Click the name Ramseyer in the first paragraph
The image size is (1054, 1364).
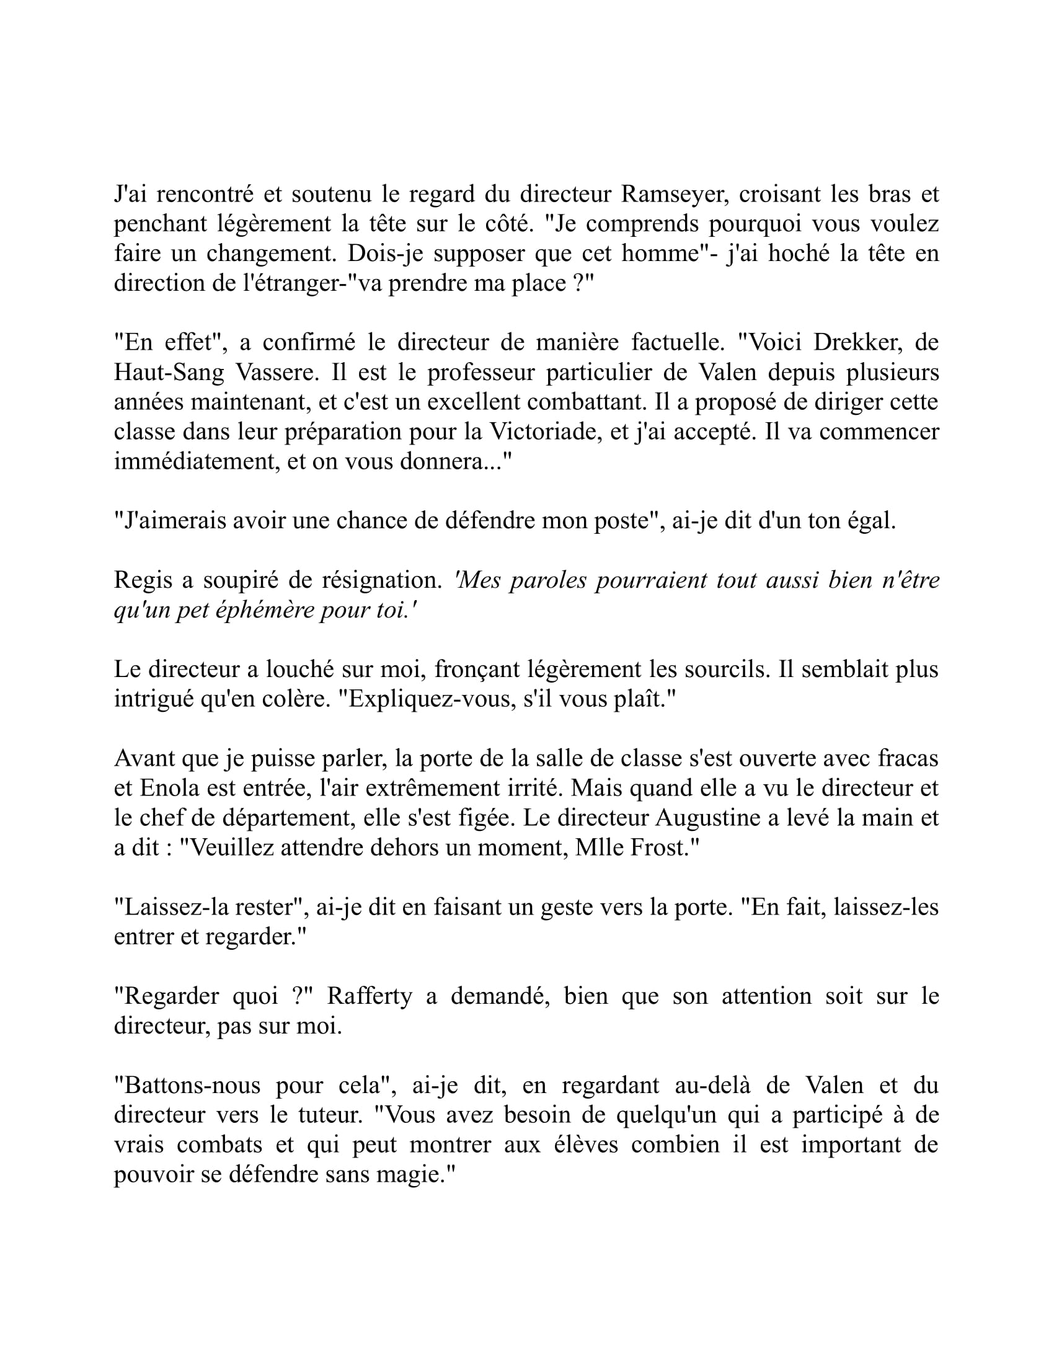click(x=672, y=195)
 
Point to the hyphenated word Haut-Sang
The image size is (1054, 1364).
click(x=169, y=373)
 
